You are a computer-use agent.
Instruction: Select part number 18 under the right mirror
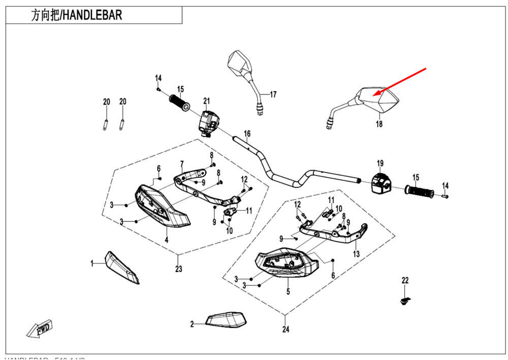379,124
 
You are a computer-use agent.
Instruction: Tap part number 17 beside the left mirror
273,94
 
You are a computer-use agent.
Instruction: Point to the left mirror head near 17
239,62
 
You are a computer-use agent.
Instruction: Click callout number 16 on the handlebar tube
247,135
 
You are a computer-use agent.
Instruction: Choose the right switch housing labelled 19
380,183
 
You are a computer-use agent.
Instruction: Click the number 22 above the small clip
405,280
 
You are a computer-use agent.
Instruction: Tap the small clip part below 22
405,302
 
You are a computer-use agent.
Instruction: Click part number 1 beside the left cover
92,263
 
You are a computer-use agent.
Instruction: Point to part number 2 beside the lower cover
192,323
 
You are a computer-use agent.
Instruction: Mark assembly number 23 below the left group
178,269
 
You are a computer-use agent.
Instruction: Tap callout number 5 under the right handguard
288,291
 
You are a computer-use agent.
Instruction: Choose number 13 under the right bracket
356,253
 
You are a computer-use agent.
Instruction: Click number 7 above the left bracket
181,163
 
